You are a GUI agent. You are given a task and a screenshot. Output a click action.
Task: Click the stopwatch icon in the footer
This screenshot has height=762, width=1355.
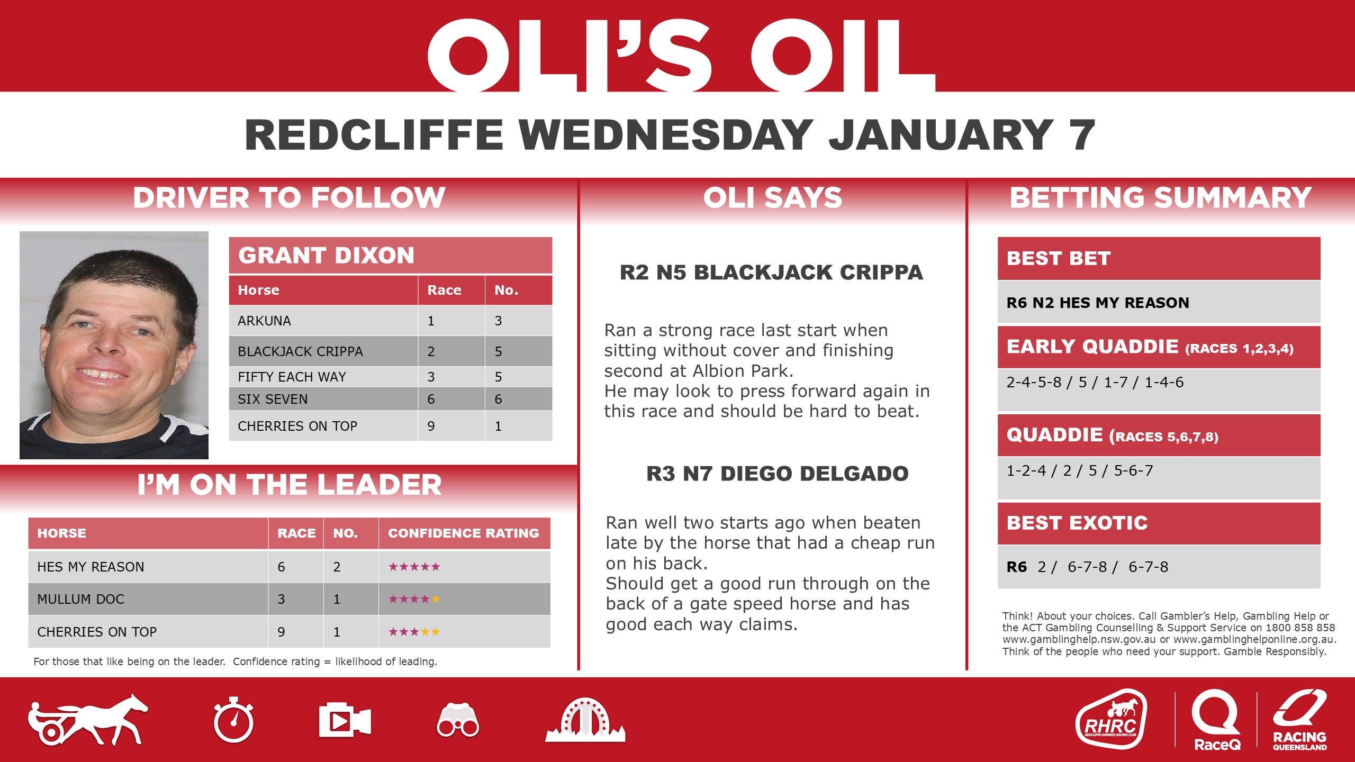pyautogui.click(x=233, y=720)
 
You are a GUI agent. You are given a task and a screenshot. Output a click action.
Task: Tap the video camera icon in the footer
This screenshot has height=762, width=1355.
pyautogui.click(x=345, y=720)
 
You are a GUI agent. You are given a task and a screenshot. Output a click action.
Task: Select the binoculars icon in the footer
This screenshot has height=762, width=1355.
pyautogui.click(x=458, y=721)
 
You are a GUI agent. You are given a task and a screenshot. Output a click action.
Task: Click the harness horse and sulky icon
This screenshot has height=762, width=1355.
pyautogui.click(x=88, y=720)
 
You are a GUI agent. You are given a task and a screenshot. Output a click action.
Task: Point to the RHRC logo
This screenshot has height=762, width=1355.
pyautogui.click(x=1111, y=719)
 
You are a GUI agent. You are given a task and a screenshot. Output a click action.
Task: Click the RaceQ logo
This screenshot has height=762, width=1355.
pyautogui.click(x=1216, y=719)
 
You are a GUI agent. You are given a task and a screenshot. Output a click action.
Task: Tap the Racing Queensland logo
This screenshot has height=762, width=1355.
pyautogui.click(x=1299, y=719)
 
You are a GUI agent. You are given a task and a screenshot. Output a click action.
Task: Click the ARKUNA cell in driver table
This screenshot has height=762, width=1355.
pyautogui.click(x=264, y=321)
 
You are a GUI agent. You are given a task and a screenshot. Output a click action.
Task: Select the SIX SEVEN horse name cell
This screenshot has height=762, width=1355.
pyautogui.click(x=273, y=399)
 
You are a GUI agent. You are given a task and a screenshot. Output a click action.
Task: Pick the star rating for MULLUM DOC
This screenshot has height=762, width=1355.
pyautogui.click(x=414, y=599)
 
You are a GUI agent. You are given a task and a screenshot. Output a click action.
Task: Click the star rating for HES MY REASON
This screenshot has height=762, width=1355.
pyautogui.click(x=414, y=567)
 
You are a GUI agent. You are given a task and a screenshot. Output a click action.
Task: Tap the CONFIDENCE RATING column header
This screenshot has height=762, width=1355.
pyautogui.click(x=463, y=533)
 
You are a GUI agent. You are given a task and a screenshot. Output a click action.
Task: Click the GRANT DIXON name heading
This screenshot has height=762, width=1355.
pyautogui.click(x=326, y=256)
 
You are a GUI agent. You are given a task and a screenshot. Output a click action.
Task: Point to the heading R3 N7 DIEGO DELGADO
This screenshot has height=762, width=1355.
pyautogui.click(x=777, y=474)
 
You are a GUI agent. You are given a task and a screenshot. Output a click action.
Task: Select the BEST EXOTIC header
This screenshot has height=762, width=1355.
pyautogui.click(x=1077, y=523)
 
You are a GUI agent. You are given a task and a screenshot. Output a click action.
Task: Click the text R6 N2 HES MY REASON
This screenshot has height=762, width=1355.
pyautogui.click(x=1098, y=303)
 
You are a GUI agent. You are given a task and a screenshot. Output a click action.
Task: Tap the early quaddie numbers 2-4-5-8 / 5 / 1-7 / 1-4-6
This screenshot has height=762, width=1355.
pyautogui.click(x=1095, y=382)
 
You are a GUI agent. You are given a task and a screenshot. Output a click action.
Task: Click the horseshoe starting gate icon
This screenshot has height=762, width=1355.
pyautogui.click(x=585, y=720)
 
